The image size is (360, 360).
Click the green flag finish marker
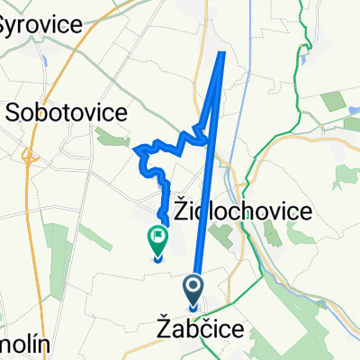(x=157, y=239)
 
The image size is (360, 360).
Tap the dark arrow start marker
(x=194, y=289)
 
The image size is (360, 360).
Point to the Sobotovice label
(x=68, y=112)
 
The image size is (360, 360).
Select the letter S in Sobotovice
(x=15, y=112)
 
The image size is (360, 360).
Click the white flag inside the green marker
(x=157, y=238)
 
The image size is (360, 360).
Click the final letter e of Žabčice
(x=236, y=331)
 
